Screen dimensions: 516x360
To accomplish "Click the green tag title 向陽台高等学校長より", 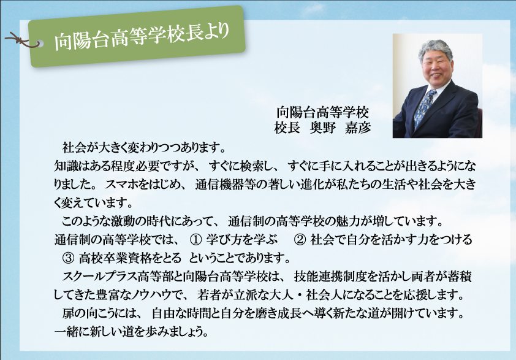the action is [142, 37].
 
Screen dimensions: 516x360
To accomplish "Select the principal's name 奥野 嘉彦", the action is [340, 128].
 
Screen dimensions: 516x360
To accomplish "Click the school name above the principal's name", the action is [322, 112].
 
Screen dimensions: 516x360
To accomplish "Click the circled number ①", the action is [196, 240].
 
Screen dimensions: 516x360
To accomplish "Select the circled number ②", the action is [300, 240].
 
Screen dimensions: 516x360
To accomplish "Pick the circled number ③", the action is [68, 258].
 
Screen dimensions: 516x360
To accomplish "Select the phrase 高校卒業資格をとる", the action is [130, 258].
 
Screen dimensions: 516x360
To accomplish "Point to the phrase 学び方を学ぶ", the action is [242, 239].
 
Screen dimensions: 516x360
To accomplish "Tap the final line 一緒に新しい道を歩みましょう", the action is [131, 331].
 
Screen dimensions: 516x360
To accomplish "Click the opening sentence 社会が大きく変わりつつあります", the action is [144, 148].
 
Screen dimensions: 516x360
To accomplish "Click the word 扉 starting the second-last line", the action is [68, 313].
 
